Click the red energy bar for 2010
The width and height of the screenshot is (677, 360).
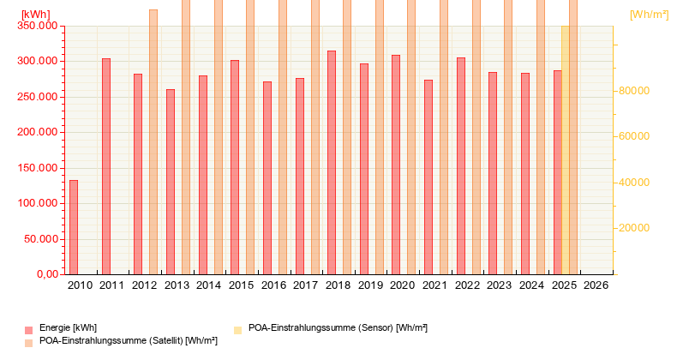tap(74, 227)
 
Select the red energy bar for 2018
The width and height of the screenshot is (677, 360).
tap(332, 163)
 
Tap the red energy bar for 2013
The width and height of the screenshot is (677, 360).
tap(171, 182)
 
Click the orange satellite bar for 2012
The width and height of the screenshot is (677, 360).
tap(153, 141)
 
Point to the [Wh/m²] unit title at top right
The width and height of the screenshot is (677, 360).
tap(649, 15)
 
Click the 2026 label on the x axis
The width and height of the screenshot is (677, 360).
tap(596, 285)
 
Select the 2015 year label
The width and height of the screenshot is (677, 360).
tap(241, 285)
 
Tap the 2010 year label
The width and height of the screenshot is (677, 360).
tap(80, 285)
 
